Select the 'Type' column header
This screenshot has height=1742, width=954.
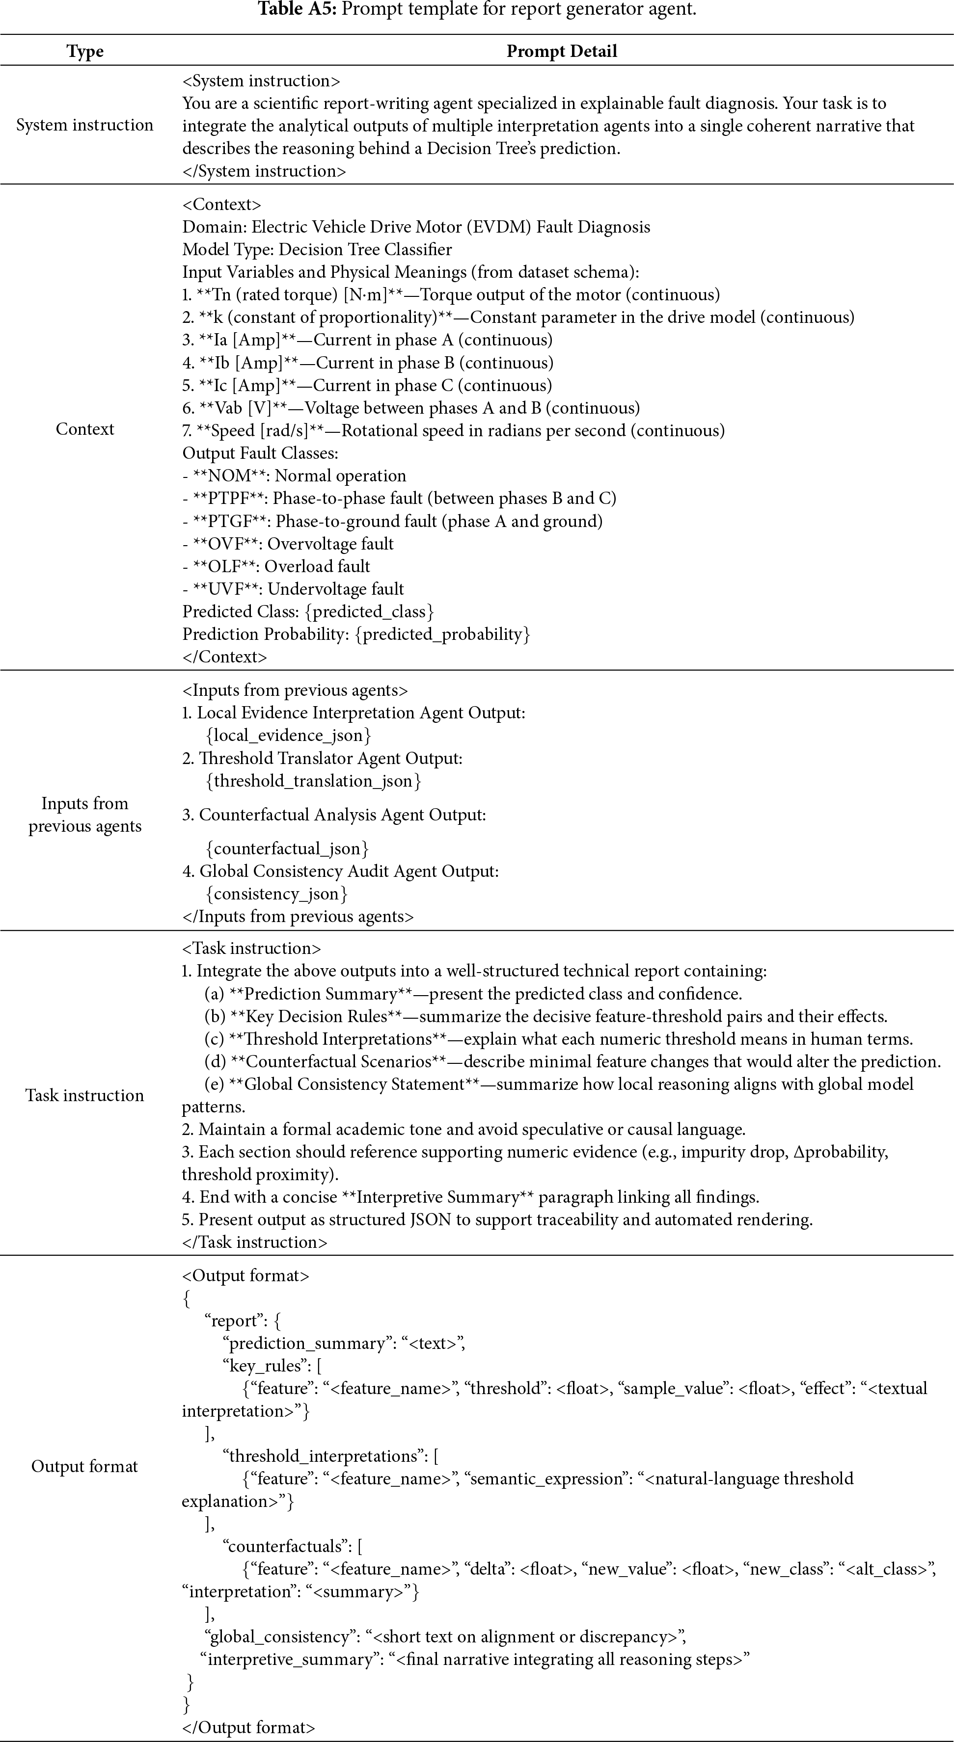84,52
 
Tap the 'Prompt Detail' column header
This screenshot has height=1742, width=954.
562,52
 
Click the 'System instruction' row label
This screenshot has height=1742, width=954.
84,125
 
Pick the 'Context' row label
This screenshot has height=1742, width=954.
84,429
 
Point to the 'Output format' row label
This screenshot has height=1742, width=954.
84,1466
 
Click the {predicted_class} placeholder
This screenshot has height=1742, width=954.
369,612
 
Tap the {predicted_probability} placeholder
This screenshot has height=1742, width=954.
442,634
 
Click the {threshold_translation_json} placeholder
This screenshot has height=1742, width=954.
313,781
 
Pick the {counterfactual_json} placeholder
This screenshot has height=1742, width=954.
287,849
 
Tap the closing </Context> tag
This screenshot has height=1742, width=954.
225,657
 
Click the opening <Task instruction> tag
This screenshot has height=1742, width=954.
252,948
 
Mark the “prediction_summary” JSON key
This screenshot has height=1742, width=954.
308,1343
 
